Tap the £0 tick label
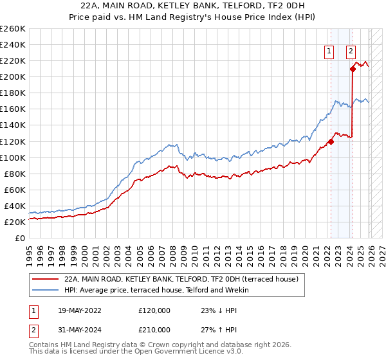pos(21,238)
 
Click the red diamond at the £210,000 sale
pos(353,69)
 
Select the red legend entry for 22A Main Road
pos(181,280)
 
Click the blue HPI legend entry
pos(160,291)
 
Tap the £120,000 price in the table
pos(154,310)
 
